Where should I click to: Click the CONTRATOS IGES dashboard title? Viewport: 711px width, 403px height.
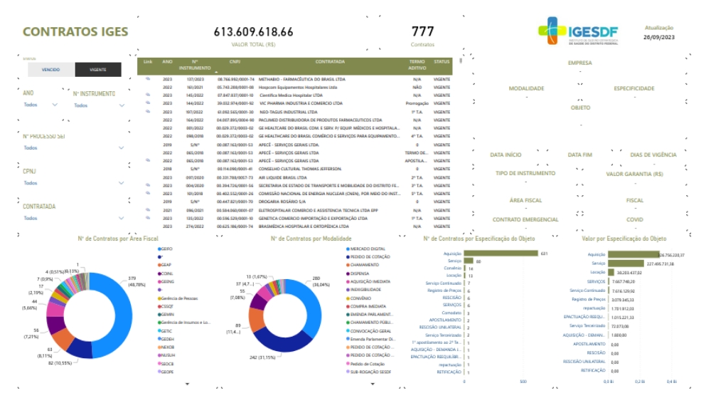(75, 32)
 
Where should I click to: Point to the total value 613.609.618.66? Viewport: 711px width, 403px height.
(253, 32)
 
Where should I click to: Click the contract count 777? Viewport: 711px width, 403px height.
(422, 32)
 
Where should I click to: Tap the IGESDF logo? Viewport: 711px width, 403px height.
(578, 32)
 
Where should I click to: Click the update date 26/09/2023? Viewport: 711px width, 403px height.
(658, 36)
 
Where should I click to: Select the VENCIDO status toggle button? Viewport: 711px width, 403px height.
(51, 70)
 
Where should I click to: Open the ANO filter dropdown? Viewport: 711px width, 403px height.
(40, 105)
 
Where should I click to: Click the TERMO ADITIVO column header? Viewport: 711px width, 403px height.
(417, 65)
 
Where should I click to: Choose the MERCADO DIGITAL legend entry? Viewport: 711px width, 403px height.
(367, 249)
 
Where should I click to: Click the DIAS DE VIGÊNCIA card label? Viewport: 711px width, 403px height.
(653, 155)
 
